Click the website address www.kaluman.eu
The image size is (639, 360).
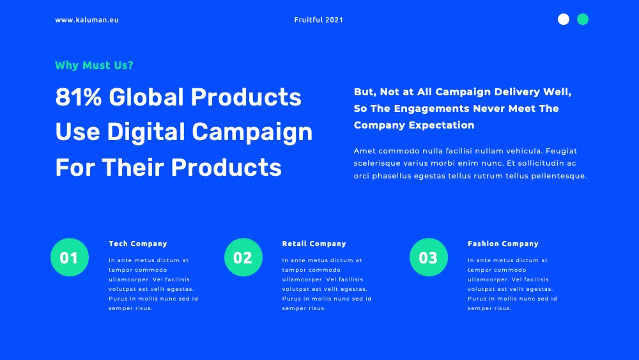pyautogui.click(x=87, y=20)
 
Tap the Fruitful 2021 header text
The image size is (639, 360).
pyautogui.click(x=319, y=20)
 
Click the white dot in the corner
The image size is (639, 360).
pyautogui.click(x=564, y=19)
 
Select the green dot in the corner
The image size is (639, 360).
pyautogui.click(x=583, y=19)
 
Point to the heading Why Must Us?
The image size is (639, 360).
pyautogui.click(x=94, y=65)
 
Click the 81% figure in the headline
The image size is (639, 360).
pyautogui.click(x=78, y=97)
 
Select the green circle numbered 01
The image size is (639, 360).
pyautogui.click(x=70, y=257)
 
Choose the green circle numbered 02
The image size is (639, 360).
pyautogui.click(x=243, y=257)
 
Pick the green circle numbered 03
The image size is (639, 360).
pyautogui.click(x=429, y=257)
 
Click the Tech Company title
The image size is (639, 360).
pyautogui.click(x=138, y=244)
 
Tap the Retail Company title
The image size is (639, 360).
pyautogui.click(x=314, y=244)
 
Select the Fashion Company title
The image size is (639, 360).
pyautogui.click(x=504, y=244)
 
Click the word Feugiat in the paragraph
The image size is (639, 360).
pyautogui.click(x=562, y=152)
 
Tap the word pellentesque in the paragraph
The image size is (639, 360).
pyautogui.click(x=559, y=176)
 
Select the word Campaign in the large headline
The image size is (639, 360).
pyautogui.click(x=252, y=132)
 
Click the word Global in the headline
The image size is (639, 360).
pyautogui.click(x=146, y=97)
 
